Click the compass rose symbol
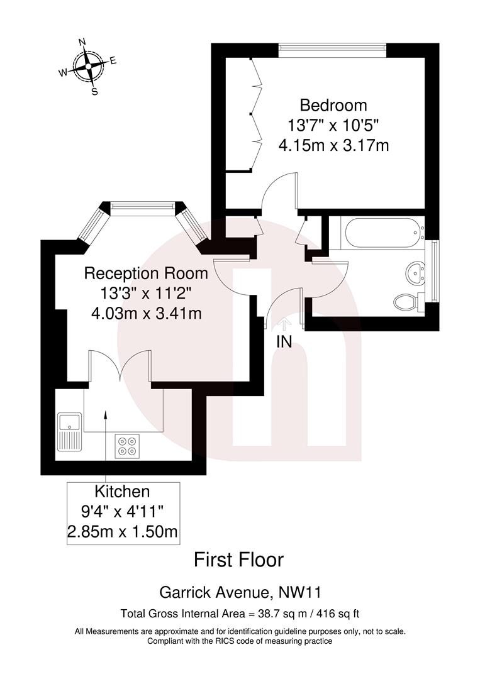(89, 65)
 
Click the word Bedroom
(333, 105)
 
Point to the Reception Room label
(146, 273)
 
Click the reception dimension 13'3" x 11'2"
(145, 293)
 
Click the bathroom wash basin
(414, 272)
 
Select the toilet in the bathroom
(406, 302)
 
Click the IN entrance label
(284, 343)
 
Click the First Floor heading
(238, 559)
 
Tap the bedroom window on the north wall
(332, 47)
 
